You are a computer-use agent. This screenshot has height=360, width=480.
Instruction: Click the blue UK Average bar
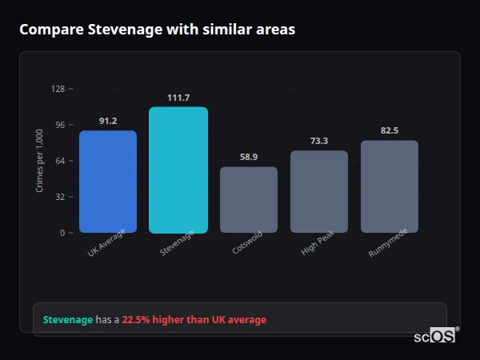(x=108, y=182)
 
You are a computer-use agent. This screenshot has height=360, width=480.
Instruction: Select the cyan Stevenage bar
(x=178, y=170)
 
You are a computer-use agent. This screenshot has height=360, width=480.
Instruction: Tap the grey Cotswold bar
(x=249, y=200)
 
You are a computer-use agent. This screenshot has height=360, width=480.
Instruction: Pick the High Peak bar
(x=319, y=192)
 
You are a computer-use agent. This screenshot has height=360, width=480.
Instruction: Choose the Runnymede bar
(x=390, y=186)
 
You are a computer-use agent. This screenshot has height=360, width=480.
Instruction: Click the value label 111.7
(x=178, y=98)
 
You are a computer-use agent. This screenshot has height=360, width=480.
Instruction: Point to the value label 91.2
(x=108, y=121)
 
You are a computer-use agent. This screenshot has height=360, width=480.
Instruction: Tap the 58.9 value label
(x=249, y=157)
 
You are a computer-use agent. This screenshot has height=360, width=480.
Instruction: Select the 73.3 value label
(x=319, y=141)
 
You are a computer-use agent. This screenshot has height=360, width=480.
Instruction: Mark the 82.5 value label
(x=390, y=130)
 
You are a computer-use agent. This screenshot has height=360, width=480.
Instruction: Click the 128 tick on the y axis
(x=58, y=89)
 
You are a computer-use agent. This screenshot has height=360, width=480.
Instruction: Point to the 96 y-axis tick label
(x=60, y=125)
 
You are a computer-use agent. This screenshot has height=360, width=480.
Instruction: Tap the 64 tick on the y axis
(x=60, y=161)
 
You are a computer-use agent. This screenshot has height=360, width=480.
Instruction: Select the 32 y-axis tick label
(x=60, y=197)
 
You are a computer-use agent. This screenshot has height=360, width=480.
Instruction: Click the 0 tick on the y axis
(x=62, y=233)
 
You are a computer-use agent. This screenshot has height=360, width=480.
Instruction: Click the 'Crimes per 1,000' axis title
(x=40, y=161)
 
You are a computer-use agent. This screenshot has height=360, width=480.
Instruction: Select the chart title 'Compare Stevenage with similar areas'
(x=158, y=30)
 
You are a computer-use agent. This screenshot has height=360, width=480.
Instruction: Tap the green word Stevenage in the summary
(x=68, y=320)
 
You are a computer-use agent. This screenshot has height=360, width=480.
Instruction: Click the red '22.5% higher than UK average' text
(x=194, y=320)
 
